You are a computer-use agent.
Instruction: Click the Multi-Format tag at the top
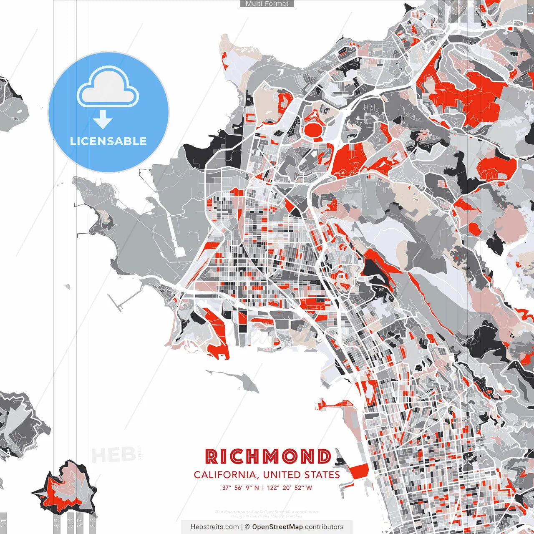pos(267,4)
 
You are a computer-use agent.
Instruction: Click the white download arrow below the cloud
pos(103,121)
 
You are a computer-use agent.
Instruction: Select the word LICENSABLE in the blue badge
pos(108,141)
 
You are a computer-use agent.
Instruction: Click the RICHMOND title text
pos(268,457)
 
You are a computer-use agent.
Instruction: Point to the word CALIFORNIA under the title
pos(225,475)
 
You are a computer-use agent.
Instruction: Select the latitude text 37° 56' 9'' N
pos(240,488)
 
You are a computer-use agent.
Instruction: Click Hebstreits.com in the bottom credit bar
pos(214,527)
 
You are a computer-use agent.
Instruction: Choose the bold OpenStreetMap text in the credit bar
pos(277,527)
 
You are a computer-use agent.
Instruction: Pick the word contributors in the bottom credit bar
pos(324,527)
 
